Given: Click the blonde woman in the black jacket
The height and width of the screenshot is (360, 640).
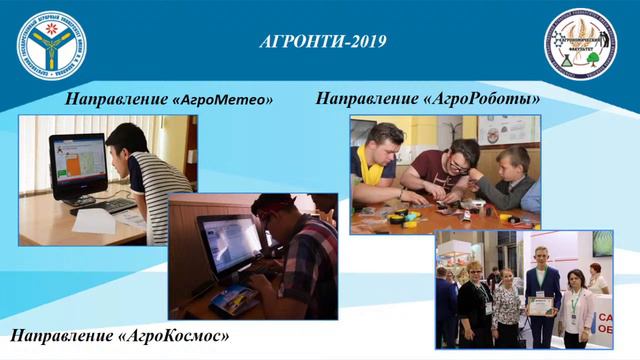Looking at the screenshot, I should pyautogui.click(x=474, y=300).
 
